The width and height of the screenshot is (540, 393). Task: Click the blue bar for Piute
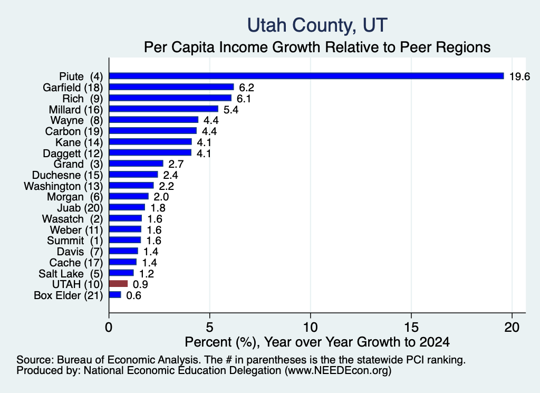pos(306,76)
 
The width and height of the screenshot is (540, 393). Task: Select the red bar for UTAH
pos(119,284)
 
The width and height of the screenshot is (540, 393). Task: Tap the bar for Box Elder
pos(115,295)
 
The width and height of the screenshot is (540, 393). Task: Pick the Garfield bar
pos(171,87)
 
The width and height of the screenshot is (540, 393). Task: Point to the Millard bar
pos(163,109)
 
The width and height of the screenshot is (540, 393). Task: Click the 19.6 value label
pos(519,76)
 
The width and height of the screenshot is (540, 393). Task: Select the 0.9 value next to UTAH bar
pos(140,284)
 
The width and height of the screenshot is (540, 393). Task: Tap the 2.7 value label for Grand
pos(176,164)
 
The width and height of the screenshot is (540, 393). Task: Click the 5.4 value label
pos(231,110)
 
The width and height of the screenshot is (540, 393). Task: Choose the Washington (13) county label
pos(63,186)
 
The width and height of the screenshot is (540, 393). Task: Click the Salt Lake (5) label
pos(71,273)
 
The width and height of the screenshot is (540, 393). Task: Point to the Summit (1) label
pos(75,241)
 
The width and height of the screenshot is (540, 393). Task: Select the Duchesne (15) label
pos(67,175)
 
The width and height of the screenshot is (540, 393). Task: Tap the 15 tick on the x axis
pos(411,327)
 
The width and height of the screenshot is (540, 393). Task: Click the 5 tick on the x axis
pos(209,327)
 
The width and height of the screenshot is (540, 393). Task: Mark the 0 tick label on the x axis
pos(109,327)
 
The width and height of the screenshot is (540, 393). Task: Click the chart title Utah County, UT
pos(317,25)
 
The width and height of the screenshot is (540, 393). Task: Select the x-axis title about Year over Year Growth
pos(317,342)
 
